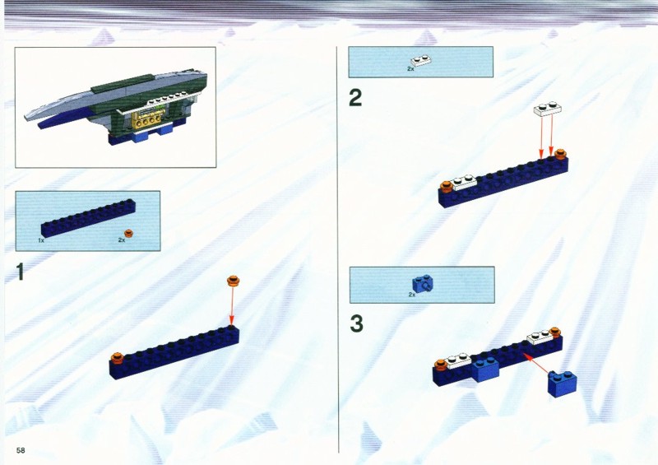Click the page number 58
point(21,450)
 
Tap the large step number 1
point(20,272)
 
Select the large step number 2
point(355,98)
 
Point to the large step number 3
point(356,324)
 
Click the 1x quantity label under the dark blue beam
point(41,240)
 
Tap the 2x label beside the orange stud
point(122,239)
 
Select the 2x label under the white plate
point(410,68)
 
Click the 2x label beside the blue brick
point(412,295)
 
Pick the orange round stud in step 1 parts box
point(129,233)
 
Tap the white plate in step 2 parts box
point(422,61)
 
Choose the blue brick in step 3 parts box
point(423,284)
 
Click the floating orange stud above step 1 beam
point(233,281)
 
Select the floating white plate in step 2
point(548,109)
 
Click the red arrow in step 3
point(536,363)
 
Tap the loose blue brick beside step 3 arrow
point(563,384)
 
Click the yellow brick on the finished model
point(147,119)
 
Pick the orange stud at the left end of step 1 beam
point(118,358)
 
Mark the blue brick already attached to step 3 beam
point(485,370)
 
